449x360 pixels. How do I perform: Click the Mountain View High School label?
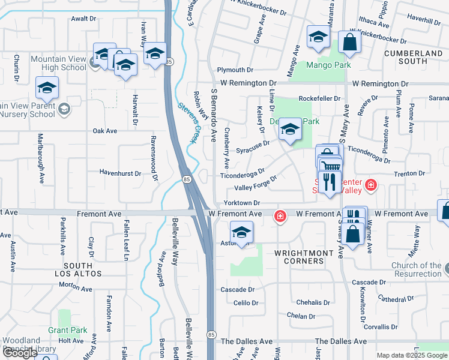point(58,63)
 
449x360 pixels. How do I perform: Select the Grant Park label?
point(68,330)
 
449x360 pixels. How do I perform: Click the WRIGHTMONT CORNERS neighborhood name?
point(303,257)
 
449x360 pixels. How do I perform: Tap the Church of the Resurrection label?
point(416,269)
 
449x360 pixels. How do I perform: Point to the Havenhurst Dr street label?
point(121,173)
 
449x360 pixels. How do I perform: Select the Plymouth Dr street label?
point(235,70)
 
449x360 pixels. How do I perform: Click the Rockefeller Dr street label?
point(321,98)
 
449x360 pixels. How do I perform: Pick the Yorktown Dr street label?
point(242,203)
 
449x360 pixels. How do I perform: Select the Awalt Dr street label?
point(83,19)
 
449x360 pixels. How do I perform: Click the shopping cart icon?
point(330,166)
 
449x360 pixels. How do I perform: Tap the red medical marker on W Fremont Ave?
point(280,215)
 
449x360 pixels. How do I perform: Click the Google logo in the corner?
point(20,353)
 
